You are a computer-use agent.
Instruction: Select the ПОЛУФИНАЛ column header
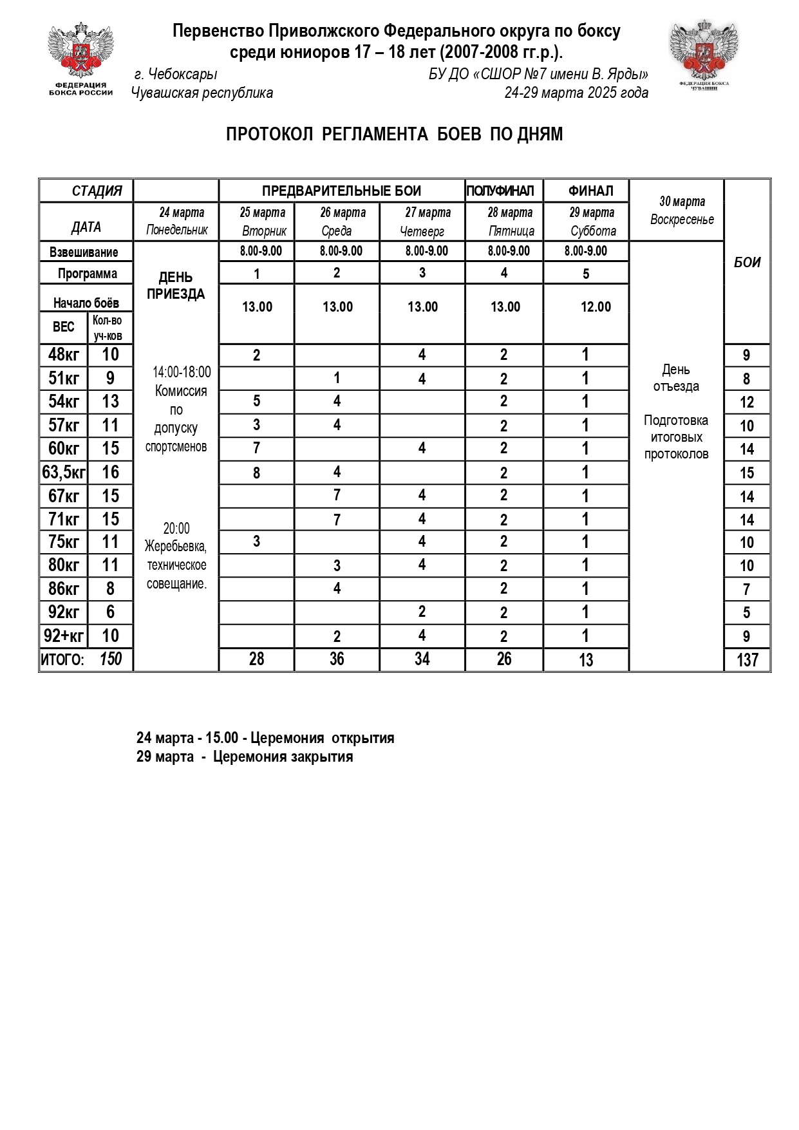(x=500, y=191)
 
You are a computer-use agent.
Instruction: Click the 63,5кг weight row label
(x=63, y=473)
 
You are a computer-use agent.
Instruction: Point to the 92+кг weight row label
(x=63, y=636)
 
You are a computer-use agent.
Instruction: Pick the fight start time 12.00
(x=596, y=307)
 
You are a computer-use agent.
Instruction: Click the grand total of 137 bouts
(x=747, y=660)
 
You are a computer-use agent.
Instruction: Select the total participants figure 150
(x=110, y=659)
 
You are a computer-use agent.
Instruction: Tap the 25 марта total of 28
(x=256, y=659)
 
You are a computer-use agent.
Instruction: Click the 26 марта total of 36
(x=337, y=659)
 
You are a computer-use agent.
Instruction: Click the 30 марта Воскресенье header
(x=682, y=211)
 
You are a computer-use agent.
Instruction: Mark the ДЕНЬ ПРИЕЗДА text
(x=175, y=286)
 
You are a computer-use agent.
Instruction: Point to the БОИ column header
(x=747, y=262)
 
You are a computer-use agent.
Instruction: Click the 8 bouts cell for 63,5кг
(x=256, y=473)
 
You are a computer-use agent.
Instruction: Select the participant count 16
(x=110, y=473)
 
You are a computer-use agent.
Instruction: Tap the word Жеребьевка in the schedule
(x=175, y=547)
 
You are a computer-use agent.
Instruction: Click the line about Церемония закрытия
(x=245, y=757)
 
